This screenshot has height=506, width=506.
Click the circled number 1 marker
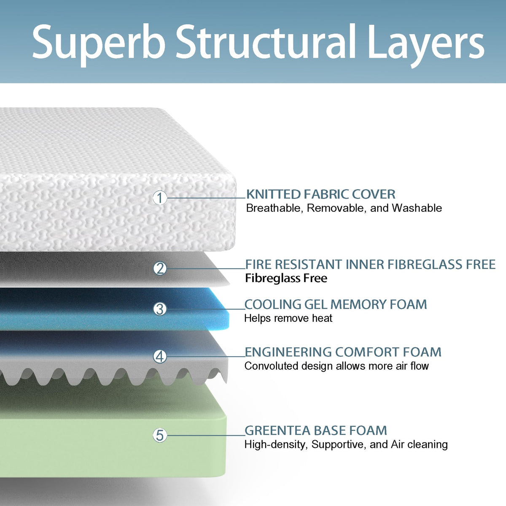pos(160,197)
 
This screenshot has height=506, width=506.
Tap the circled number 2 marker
pos(160,268)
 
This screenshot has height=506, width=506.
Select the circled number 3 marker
pos(160,309)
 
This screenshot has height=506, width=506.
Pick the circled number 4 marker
pos(160,357)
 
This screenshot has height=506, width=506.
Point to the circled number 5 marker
pos(160,435)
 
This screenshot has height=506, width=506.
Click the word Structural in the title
pos(266,42)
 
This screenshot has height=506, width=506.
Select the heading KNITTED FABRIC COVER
pos(320,194)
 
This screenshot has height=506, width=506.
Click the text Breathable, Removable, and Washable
pos(344,208)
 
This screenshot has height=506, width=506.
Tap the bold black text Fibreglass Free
pos(286,278)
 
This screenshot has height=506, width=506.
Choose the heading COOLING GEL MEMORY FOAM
pos(336,304)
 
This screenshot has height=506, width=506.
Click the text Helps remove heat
pos(288,318)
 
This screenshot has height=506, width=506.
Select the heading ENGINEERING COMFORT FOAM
pos(343,352)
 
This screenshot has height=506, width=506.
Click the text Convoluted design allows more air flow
pos(336,366)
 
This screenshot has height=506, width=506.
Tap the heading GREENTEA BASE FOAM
pos(315,431)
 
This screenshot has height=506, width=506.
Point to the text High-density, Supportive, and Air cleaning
pos(346,444)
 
